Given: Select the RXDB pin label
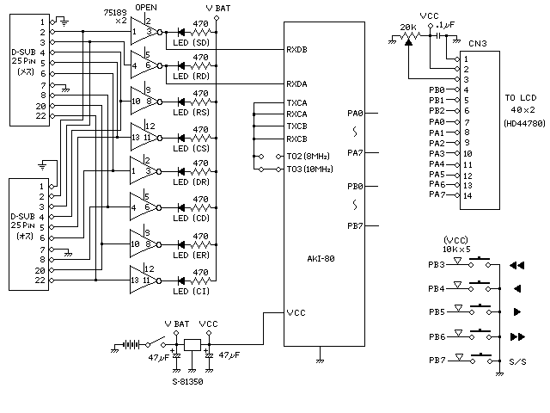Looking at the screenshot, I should point(297,49).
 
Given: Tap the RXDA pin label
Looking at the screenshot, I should point(297,83).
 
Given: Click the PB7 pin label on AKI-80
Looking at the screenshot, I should point(355,225).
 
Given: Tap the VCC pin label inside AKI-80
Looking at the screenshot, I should point(296,312).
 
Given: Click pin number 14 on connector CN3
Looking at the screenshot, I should point(467,195).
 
